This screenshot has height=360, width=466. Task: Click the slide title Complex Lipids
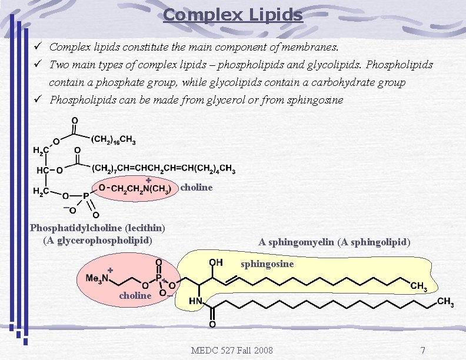coord(233,14)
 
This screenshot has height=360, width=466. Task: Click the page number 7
coord(422,351)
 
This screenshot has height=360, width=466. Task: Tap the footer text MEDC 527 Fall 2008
coord(232,351)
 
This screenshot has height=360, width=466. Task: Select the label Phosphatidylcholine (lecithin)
coord(98,228)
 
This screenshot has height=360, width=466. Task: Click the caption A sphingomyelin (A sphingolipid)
coord(334,242)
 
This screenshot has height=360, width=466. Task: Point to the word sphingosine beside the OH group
coord(267,264)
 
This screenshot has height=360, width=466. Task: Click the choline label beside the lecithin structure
coord(196,188)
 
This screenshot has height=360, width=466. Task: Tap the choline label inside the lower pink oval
coord(135,295)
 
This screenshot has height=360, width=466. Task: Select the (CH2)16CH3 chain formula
coord(114,139)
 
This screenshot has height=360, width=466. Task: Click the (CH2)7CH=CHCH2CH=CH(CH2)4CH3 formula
coord(164,169)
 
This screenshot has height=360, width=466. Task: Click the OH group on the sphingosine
coord(216,262)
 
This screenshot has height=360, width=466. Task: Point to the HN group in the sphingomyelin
coord(195,301)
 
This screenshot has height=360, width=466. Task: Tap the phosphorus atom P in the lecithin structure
coord(86,196)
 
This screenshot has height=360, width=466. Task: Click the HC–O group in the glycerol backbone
coord(50,170)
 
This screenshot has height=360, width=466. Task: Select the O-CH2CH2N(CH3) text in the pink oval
coord(135,188)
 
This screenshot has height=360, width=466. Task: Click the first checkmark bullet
coord(38,46)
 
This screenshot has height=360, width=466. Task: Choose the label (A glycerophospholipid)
coord(98,240)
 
